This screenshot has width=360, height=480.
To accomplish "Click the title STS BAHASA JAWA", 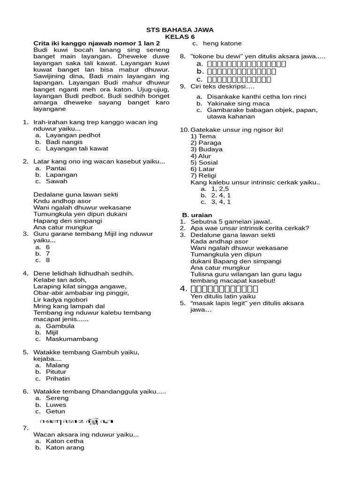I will [x=180, y=30].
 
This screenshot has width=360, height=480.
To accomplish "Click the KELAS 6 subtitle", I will [x=180, y=37].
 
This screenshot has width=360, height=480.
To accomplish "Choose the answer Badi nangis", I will [x=64, y=142].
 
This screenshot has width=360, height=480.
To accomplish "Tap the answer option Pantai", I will [x=56, y=168].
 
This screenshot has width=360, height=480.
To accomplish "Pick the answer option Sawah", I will [x=57, y=181].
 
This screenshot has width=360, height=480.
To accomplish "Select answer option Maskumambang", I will [x=72, y=338].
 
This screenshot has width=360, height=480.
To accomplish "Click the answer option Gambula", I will [x=60, y=325].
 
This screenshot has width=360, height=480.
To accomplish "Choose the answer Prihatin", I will [x=58, y=378].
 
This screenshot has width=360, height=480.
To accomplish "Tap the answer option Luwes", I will [x=56, y=405].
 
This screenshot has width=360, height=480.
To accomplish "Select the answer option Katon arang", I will [x=65, y=447].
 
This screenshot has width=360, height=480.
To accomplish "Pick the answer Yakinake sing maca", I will [x=235, y=103].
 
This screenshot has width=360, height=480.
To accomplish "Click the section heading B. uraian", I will [x=197, y=215].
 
